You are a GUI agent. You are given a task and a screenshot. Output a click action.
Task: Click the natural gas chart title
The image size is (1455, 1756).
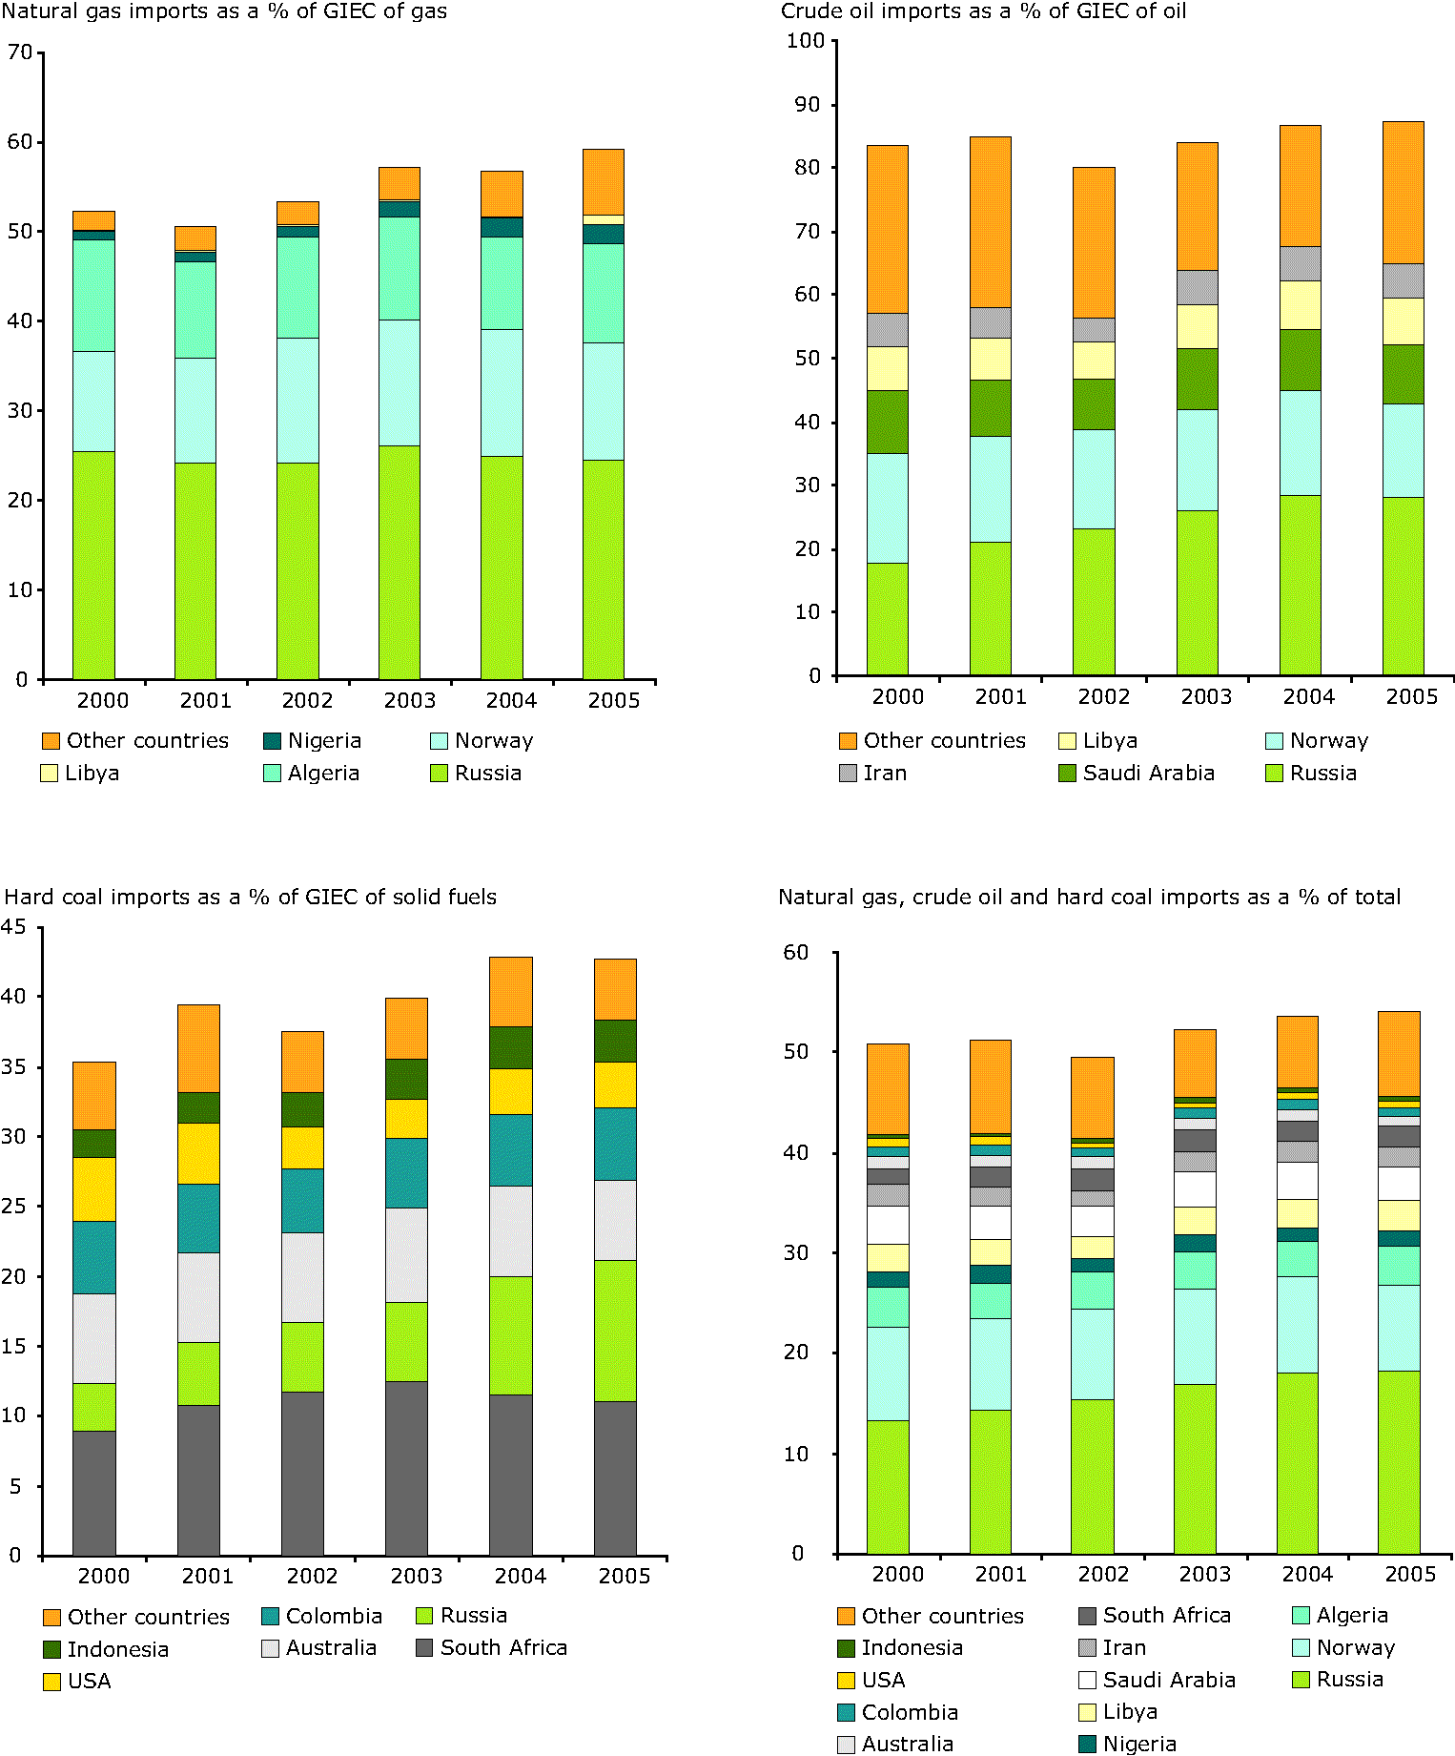point(224,11)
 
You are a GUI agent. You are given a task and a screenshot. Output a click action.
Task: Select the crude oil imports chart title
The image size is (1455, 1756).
point(983,11)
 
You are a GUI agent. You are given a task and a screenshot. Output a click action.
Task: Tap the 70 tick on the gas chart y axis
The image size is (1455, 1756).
point(20,52)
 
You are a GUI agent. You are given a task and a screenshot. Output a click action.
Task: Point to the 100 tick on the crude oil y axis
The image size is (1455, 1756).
point(805,40)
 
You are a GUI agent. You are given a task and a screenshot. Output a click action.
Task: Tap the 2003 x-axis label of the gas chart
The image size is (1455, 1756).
point(409,701)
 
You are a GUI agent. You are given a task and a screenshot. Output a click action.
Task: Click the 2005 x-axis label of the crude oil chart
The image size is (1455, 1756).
point(1411,697)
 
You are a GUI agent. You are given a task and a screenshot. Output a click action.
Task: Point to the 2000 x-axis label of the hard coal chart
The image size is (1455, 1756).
point(103,1577)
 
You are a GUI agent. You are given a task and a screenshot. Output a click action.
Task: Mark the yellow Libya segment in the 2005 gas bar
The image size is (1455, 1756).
point(604,220)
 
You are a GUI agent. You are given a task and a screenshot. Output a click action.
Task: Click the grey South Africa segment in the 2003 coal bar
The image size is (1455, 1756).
point(406,1469)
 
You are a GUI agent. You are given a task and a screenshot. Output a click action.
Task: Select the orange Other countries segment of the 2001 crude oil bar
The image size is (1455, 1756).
point(990,221)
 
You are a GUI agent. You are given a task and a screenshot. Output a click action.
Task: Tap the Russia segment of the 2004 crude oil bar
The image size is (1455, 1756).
point(1300,585)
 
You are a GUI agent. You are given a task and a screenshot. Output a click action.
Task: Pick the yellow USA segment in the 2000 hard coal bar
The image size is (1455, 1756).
point(94,1188)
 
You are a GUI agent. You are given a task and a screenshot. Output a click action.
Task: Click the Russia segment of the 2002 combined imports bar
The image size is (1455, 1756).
point(1092,1477)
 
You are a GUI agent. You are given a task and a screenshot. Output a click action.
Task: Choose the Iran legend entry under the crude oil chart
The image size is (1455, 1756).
point(884,774)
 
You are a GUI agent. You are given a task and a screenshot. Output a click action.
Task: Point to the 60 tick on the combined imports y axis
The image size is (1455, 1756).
point(795,952)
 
